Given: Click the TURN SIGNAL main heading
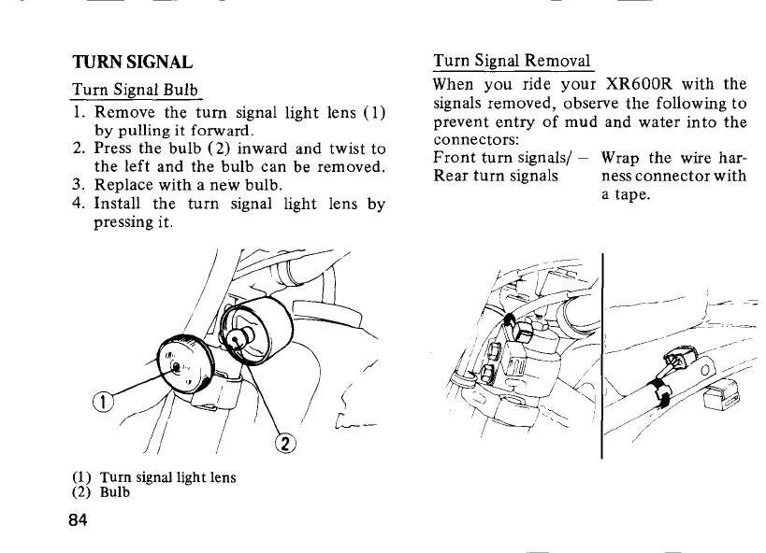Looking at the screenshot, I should [133, 63].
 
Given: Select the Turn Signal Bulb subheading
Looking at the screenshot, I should [137, 92].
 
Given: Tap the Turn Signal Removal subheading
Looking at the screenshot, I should [512, 62].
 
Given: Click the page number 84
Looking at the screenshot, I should [83, 520].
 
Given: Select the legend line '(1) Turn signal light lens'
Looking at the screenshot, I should [153, 477].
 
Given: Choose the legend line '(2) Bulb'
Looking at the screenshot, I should [100, 492].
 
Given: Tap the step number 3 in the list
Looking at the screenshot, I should [79, 185].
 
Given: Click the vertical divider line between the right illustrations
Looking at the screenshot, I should [601, 355].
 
